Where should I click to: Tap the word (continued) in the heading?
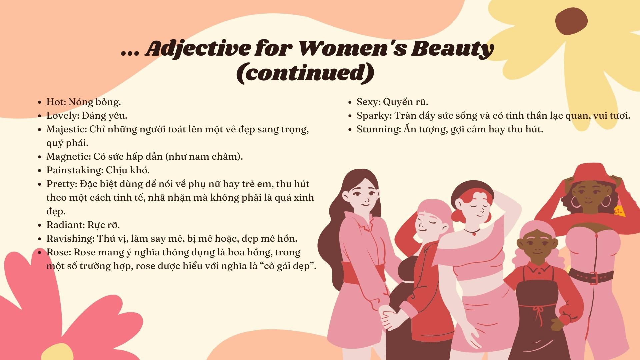[x=305, y=72]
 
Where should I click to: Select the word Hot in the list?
[x=55, y=102]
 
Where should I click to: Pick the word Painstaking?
[x=74, y=170]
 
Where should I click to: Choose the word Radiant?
[x=64, y=225]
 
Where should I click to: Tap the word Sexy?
[x=367, y=102]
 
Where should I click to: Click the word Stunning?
[x=378, y=129]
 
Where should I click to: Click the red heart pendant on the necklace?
[x=474, y=234]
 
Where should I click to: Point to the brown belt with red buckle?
[x=591, y=277]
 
